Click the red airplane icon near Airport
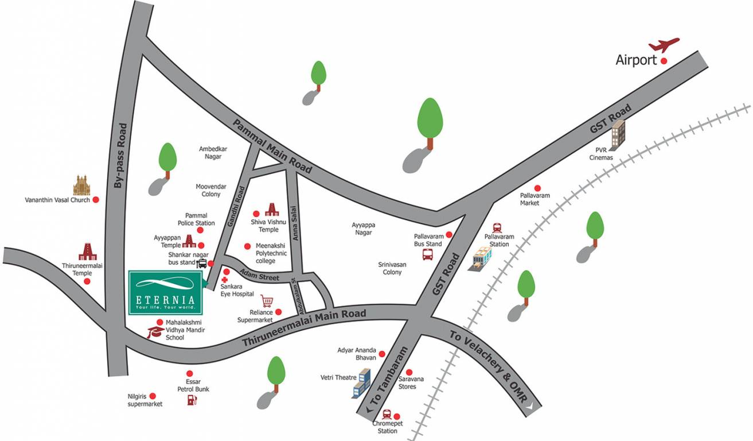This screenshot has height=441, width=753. point(664,45)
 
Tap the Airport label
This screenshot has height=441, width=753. point(636,60)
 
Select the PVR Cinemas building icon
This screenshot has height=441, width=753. point(618,133)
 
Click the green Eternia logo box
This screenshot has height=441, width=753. point(165,292)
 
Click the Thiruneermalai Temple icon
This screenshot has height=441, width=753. point(87,252)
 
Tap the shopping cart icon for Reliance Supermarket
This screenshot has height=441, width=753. point(266,301)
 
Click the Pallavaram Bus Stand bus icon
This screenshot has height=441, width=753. point(428,254)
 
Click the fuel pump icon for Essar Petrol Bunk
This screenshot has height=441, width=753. point(192,400)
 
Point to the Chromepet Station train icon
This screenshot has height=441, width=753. point(387,415)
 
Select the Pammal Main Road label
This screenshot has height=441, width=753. point(272,146)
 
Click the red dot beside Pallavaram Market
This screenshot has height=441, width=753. point(537,188)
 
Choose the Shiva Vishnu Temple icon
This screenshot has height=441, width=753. point(271,210)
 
